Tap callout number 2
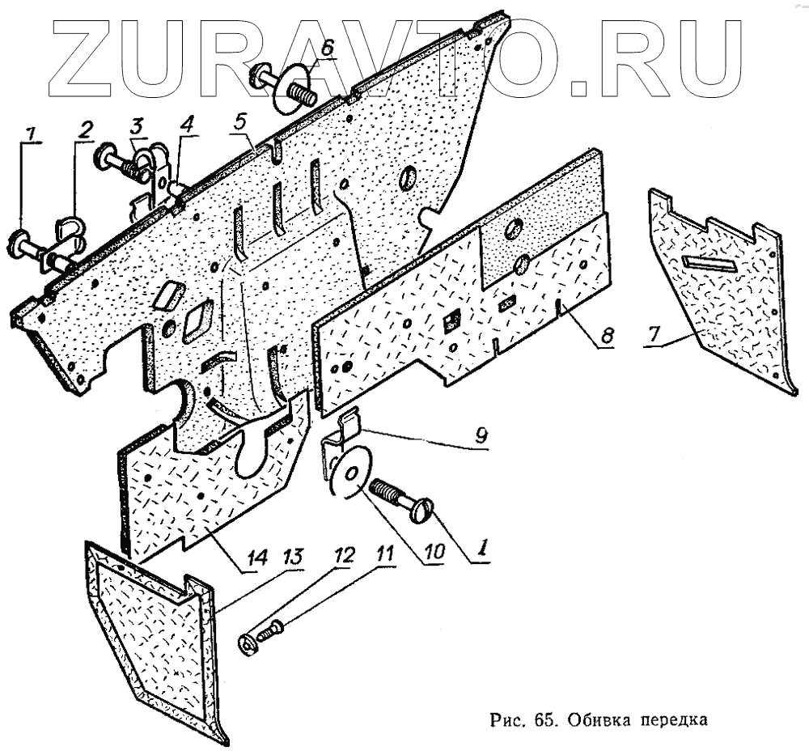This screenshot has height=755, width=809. pos(85,129)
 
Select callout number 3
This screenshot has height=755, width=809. pos(137,125)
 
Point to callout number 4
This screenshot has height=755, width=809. pos(187,125)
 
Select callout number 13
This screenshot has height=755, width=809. pos(293,558)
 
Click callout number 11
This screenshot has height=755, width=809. pos(384,555)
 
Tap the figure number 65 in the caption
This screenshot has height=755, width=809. pos(541,719)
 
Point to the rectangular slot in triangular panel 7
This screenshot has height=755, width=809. pos(709,263)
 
